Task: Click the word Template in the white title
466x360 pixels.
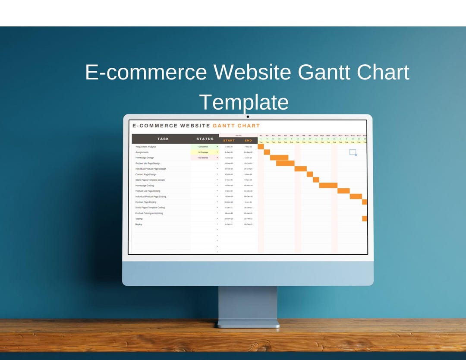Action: [x=244, y=102]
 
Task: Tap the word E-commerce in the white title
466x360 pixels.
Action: [x=146, y=72]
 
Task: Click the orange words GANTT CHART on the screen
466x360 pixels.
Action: [x=236, y=126]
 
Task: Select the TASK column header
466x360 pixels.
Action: [x=163, y=139]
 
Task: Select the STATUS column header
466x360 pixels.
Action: [x=205, y=139]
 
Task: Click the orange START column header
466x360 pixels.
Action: [x=229, y=141]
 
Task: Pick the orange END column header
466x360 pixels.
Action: [x=248, y=141]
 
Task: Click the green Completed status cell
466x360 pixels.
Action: [x=203, y=147]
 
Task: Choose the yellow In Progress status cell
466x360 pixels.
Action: [x=203, y=152]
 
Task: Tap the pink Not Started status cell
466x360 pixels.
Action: [x=203, y=158]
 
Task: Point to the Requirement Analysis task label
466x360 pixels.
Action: [x=146, y=147]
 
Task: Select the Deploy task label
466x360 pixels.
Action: [x=139, y=224]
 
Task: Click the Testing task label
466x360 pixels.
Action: [x=139, y=219]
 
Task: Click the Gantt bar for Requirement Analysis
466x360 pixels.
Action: [x=261, y=147]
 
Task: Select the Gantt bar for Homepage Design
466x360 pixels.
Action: [x=279, y=158]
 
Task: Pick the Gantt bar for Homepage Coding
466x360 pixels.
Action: [x=328, y=185]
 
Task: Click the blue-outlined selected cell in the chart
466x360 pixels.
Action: [x=353, y=152]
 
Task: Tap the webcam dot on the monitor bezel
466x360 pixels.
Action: [x=248, y=117]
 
